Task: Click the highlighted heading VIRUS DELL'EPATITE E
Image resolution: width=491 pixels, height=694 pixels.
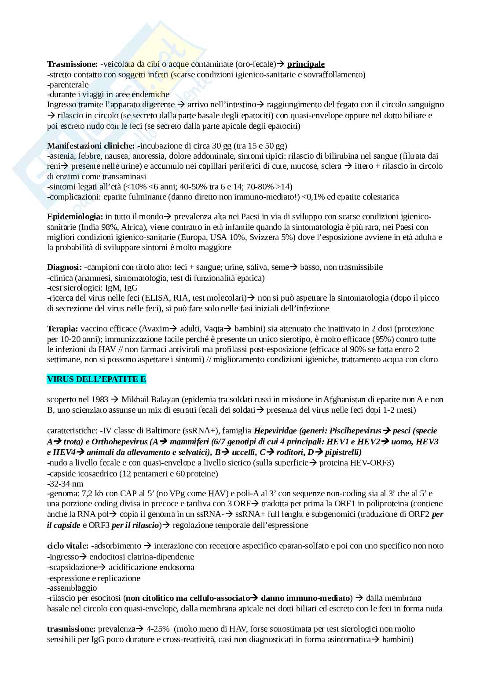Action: (x=96, y=379)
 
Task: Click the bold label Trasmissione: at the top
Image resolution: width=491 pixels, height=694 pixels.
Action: (x=72, y=64)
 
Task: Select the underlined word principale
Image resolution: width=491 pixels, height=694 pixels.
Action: (x=306, y=64)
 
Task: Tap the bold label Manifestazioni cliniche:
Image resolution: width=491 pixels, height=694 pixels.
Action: (x=91, y=145)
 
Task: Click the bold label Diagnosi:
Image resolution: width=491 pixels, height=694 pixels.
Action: (x=64, y=267)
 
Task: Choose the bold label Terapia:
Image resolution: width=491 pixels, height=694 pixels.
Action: (x=62, y=329)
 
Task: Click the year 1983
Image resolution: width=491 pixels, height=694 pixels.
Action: (x=99, y=400)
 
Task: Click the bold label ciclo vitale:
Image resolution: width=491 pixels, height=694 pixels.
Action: (x=67, y=546)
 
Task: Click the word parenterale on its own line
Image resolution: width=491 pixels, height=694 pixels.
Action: (x=68, y=84)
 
